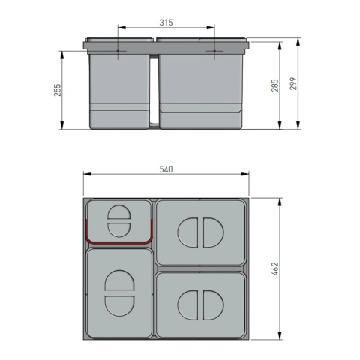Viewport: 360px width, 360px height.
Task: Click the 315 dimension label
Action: click(166, 23)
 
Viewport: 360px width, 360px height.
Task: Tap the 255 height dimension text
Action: click(58, 90)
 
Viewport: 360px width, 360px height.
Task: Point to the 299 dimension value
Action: click(293, 84)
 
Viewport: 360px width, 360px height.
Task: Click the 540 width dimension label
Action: click(166, 169)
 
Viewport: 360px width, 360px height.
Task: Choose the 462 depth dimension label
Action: click(274, 268)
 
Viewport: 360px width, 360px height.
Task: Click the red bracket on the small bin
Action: click(120, 241)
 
